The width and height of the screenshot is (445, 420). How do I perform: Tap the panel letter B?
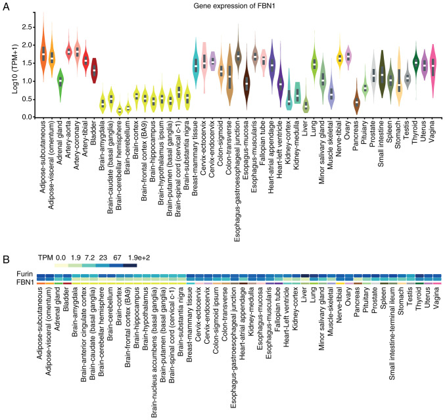tap(6, 243)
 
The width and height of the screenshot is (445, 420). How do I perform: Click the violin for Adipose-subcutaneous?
tap(43, 53)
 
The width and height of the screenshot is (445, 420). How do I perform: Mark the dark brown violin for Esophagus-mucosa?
tap(247, 83)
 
